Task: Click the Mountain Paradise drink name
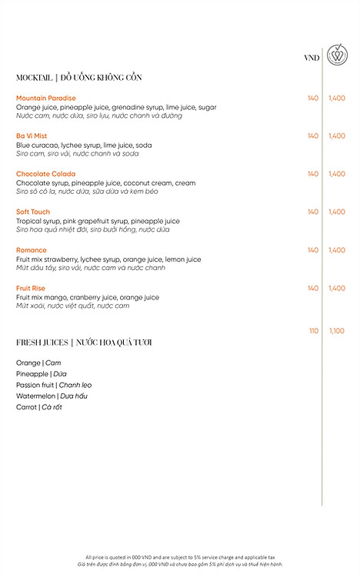pyautogui.click(x=46, y=98)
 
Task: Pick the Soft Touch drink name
pyautogui.click(x=33, y=212)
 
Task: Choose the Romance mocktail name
pyautogui.click(x=32, y=250)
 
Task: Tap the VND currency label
pyautogui.click(x=312, y=58)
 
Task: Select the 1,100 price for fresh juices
pyautogui.click(x=337, y=330)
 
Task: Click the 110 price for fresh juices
pyautogui.click(x=313, y=330)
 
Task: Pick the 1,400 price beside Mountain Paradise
pyautogui.click(x=337, y=98)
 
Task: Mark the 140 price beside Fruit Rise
pyautogui.click(x=312, y=288)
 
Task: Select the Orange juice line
pyautogui.click(x=38, y=363)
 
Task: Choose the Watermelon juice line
pyautogui.click(x=52, y=396)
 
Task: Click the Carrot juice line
pyautogui.click(x=38, y=407)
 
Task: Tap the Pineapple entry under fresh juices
pyautogui.click(x=42, y=374)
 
